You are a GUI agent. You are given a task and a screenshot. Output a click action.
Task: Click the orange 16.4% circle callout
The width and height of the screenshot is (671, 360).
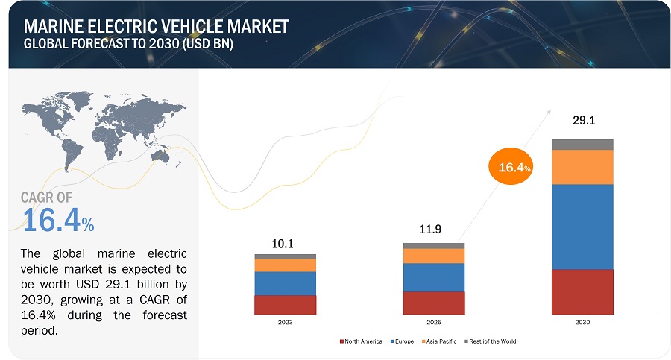(x=511, y=168)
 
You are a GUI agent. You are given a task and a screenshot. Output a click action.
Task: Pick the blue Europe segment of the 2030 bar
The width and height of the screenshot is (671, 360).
(x=582, y=227)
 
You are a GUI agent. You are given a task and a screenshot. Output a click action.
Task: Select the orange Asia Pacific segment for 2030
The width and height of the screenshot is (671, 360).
(x=582, y=167)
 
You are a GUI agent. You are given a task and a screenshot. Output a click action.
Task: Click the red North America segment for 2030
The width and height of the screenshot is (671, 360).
(x=582, y=291)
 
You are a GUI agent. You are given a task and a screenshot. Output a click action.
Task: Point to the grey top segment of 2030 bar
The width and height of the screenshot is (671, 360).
(x=582, y=145)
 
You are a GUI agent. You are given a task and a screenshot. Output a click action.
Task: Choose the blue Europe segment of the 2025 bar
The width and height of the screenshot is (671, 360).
(x=433, y=277)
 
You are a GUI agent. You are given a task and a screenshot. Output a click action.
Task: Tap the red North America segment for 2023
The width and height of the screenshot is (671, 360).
(x=285, y=305)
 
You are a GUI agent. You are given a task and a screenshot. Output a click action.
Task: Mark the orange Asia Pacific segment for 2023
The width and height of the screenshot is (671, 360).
(x=285, y=265)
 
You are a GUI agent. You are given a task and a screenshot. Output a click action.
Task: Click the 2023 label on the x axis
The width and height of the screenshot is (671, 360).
(x=285, y=323)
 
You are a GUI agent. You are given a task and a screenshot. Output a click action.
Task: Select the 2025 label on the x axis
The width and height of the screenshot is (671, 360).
(x=433, y=323)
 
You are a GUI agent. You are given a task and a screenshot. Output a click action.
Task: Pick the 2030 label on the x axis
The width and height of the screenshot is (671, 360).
(x=582, y=323)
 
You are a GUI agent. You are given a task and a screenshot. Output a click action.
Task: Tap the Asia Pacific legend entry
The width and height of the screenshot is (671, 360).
(x=441, y=341)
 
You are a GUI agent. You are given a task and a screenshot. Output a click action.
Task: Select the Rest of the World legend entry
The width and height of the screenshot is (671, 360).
(x=491, y=341)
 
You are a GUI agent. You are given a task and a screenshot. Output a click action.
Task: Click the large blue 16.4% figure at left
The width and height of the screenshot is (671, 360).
(x=57, y=221)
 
